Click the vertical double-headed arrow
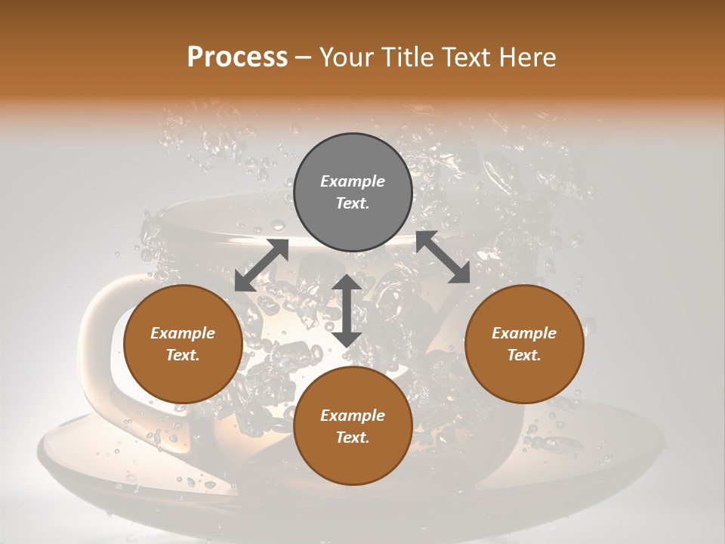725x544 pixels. pos(347,311)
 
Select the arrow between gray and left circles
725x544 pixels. pos(261,265)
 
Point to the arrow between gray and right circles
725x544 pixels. pos(443,257)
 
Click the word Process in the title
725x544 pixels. pos(237,57)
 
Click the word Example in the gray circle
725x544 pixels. pos(353,181)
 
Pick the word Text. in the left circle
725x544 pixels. pos(183,355)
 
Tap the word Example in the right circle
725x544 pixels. pos(524,333)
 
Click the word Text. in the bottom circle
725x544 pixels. pos(353,437)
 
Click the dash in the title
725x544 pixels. pos(303,57)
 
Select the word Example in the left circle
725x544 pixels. pos(183,333)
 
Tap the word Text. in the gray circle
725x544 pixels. pos(353,203)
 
